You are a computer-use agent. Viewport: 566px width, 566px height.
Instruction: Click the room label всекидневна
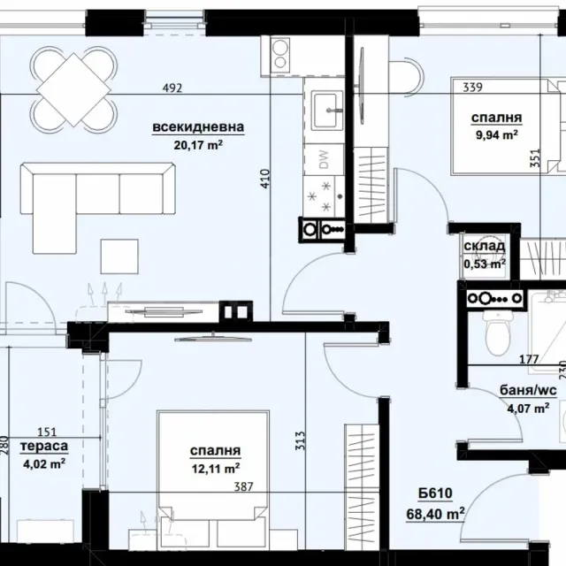[198, 127]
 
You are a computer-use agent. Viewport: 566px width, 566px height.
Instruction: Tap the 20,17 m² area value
[198, 145]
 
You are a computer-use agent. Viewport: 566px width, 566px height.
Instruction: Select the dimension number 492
[172, 88]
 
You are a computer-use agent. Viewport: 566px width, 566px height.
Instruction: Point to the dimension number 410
[265, 179]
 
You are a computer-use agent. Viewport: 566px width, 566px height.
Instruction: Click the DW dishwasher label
[325, 159]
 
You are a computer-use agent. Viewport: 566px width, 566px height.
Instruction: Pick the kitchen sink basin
[327, 111]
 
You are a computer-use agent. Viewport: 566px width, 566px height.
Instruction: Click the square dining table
[73, 89]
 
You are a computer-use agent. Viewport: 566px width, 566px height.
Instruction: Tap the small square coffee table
[119, 256]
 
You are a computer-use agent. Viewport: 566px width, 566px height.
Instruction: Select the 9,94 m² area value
[497, 135]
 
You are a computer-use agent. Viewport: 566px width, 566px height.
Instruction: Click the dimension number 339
[472, 88]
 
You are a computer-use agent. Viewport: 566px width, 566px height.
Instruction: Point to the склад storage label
[485, 246]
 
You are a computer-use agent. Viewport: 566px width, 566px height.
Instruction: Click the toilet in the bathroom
[498, 333]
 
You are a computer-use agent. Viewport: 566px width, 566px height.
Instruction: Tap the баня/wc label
[528, 391]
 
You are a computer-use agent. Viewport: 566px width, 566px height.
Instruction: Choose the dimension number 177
[529, 359]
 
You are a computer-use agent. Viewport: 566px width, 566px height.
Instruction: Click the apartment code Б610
[435, 493]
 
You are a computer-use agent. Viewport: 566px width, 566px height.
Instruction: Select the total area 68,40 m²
[435, 514]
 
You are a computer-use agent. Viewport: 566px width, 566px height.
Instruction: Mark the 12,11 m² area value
[216, 469]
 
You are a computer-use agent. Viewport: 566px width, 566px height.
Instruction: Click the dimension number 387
[244, 487]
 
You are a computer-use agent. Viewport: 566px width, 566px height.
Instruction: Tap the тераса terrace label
[44, 446]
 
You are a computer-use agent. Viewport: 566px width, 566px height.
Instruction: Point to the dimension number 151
[47, 432]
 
